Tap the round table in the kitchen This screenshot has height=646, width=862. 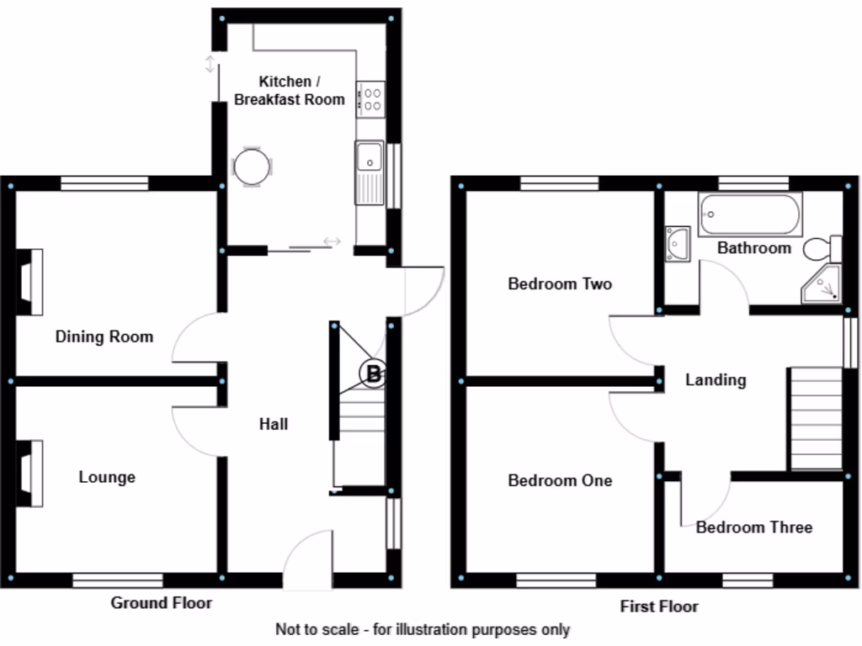(252, 167)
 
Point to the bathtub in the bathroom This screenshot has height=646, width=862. (749, 214)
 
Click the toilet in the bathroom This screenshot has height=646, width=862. (822, 249)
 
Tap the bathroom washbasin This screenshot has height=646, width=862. (678, 243)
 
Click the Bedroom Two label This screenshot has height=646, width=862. (560, 284)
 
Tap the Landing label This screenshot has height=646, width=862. (716, 380)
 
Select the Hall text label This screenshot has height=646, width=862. (273, 424)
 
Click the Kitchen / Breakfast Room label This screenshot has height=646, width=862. (289, 91)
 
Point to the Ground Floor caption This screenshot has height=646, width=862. (162, 603)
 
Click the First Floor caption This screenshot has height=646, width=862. (659, 606)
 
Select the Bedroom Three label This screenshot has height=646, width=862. (753, 527)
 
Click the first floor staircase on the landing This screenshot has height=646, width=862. (815, 418)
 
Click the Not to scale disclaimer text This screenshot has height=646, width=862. (423, 629)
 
